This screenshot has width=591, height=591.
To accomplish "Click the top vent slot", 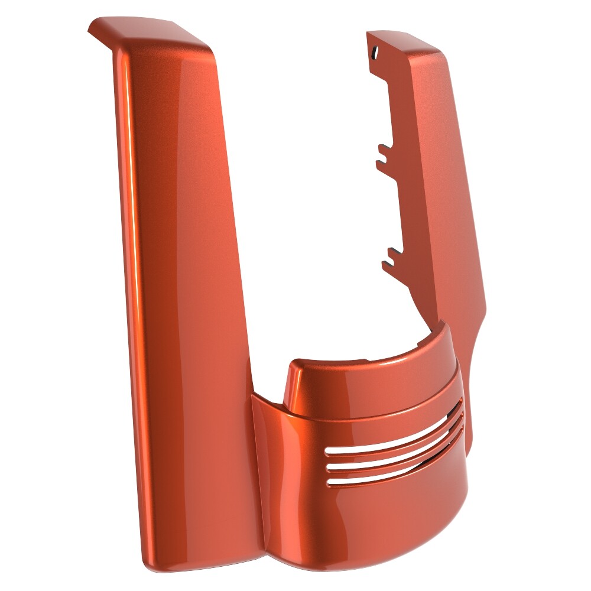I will [390, 438].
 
